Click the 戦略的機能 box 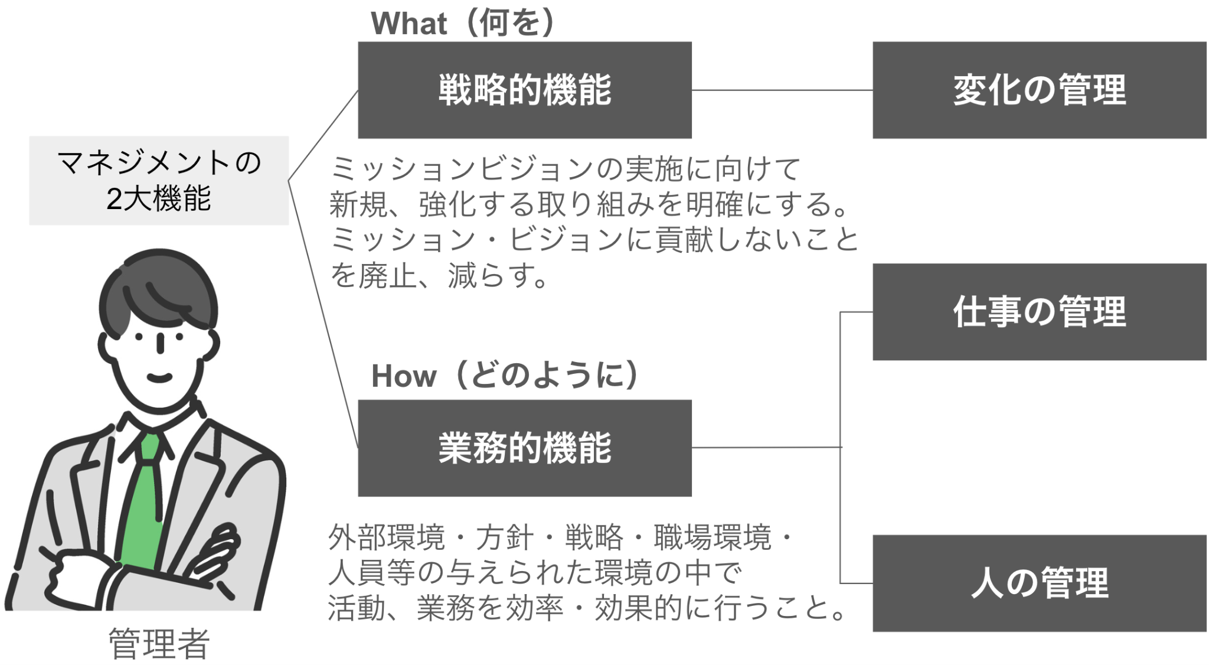tap(524, 90)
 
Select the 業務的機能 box tap(524, 448)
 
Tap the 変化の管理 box tap(1039, 90)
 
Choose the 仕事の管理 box tap(1039, 312)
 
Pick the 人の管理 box tap(1039, 583)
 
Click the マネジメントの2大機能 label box tap(159, 180)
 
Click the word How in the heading tap(404, 376)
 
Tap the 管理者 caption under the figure tap(159, 644)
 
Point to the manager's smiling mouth tap(159, 377)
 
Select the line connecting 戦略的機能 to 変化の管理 tap(782, 90)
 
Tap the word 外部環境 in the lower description tap(387, 537)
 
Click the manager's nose tap(160, 343)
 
